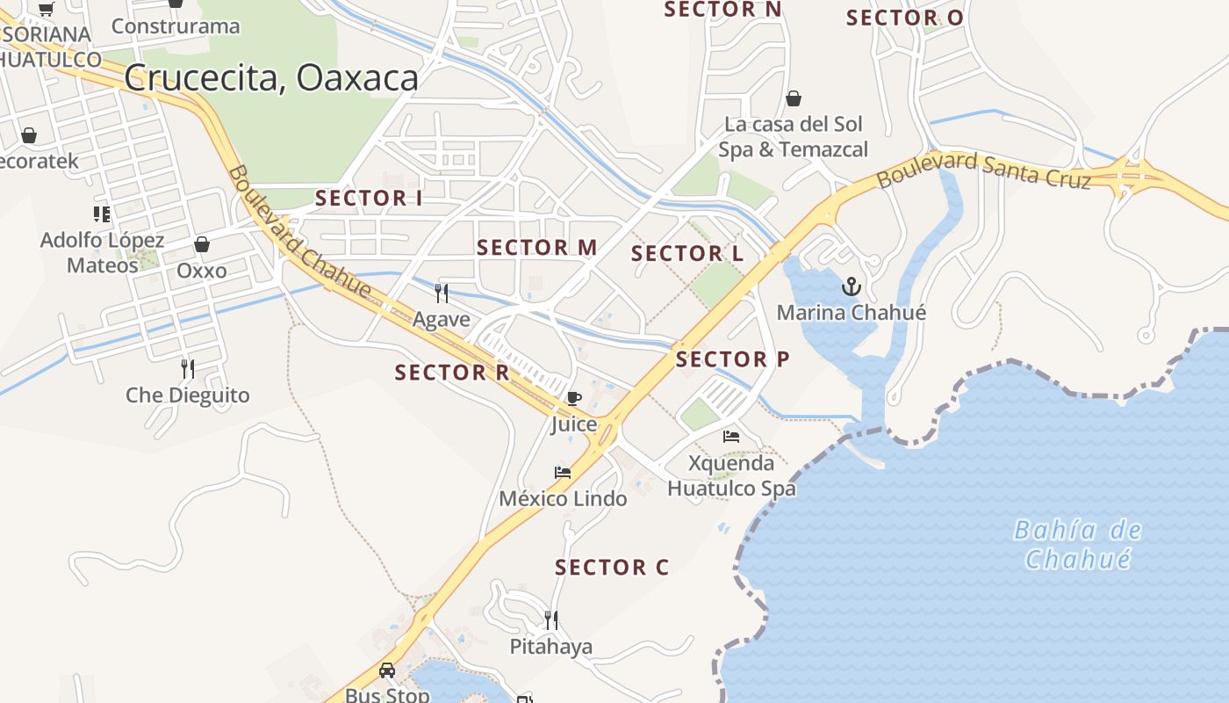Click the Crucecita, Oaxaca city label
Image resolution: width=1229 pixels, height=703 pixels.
[271, 78]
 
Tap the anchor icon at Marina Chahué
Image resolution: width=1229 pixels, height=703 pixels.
[851, 286]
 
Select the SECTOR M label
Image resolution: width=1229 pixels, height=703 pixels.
[536, 248]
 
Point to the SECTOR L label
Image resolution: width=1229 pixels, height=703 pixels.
[687, 254]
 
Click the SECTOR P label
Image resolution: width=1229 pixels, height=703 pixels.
[732, 359]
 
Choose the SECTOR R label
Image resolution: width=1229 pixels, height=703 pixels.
[452, 373]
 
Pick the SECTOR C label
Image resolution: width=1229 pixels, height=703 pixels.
[612, 568]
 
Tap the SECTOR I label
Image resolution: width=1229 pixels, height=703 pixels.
[369, 199]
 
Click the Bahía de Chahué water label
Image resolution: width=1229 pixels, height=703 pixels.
[1077, 545]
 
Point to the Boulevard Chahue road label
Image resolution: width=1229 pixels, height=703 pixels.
[298, 231]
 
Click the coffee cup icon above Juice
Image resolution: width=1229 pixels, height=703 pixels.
[574, 398]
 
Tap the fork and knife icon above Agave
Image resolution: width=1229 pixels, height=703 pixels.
[442, 293]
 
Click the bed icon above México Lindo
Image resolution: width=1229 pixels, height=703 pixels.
[563, 473]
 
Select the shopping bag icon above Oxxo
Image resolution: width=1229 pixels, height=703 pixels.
[202, 244]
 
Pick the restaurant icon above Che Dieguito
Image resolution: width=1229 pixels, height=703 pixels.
[187, 368]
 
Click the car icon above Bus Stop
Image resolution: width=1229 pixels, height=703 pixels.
[387, 670]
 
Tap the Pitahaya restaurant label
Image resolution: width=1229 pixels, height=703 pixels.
[551, 647]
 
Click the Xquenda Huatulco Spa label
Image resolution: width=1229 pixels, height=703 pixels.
[731, 475]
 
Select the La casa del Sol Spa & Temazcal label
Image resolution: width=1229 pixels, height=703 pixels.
[794, 136]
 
